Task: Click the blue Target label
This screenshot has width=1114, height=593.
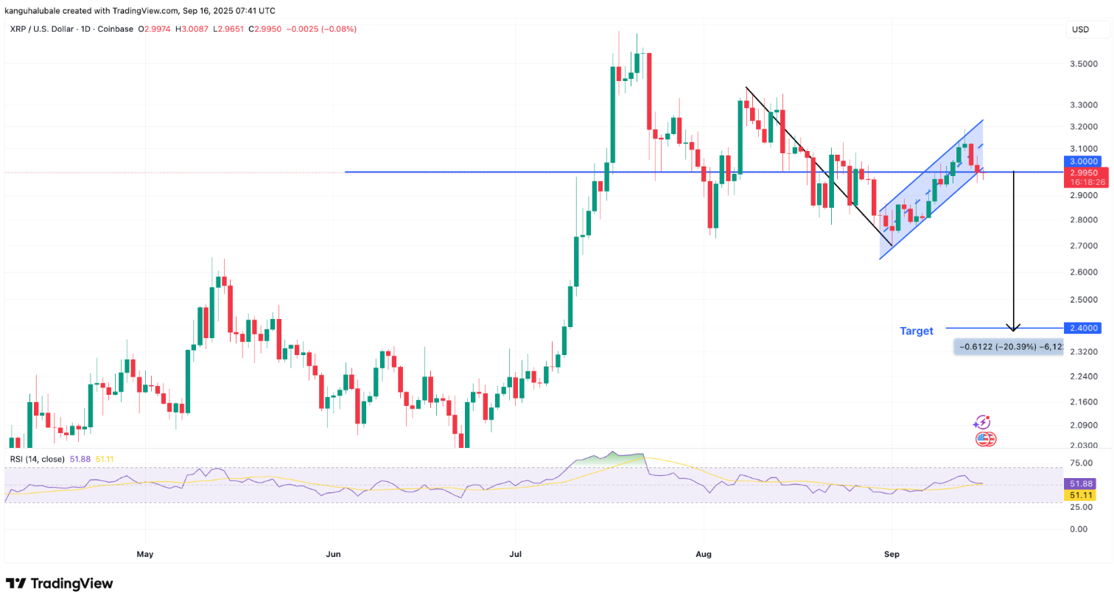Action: tap(916, 331)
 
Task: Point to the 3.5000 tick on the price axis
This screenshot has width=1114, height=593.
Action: tap(1085, 64)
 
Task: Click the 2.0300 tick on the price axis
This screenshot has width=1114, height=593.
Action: tap(1085, 445)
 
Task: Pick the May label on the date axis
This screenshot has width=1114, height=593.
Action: tap(144, 552)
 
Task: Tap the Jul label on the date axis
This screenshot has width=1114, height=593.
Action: tap(516, 552)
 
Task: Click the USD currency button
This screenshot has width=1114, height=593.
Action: tap(1080, 29)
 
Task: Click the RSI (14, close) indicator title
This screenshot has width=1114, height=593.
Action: tap(38, 459)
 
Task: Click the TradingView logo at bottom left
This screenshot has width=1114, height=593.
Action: tap(60, 583)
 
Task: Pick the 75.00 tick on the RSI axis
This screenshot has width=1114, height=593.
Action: tap(1081, 463)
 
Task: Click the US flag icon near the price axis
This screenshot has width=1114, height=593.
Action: tap(986, 439)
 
